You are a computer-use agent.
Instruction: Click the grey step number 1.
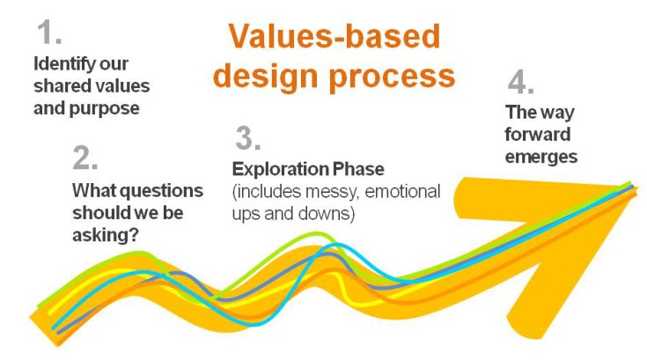pos(49,33)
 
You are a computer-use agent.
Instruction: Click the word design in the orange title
pos(265,75)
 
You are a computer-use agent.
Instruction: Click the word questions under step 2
pos(162,190)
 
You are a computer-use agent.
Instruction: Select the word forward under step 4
pos(538,135)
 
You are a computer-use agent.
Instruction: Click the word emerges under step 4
pos(540,157)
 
